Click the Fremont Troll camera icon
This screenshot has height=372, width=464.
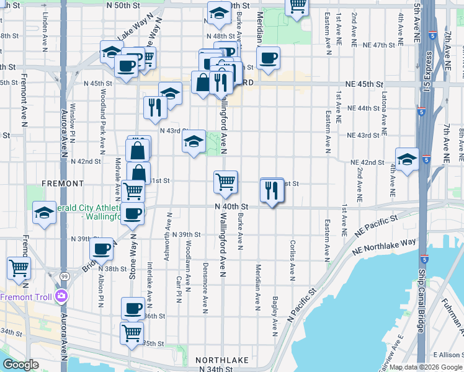pyautogui.click(x=61, y=296)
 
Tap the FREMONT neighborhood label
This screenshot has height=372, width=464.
pyautogui.click(x=62, y=184)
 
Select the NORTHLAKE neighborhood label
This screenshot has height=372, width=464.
pyautogui.click(x=222, y=360)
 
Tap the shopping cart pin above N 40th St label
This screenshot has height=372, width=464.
pyautogui.click(x=226, y=182)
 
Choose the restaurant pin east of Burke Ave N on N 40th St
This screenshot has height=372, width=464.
pyautogui.click(x=272, y=190)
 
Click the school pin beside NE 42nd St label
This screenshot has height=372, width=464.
pyautogui.click(x=407, y=159)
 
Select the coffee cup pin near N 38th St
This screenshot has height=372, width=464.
pyautogui.click(x=101, y=250)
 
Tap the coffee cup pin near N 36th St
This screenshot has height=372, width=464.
pyautogui.click(x=133, y=309)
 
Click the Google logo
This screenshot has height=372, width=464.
pyautogui.click(x=20, y=365)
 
